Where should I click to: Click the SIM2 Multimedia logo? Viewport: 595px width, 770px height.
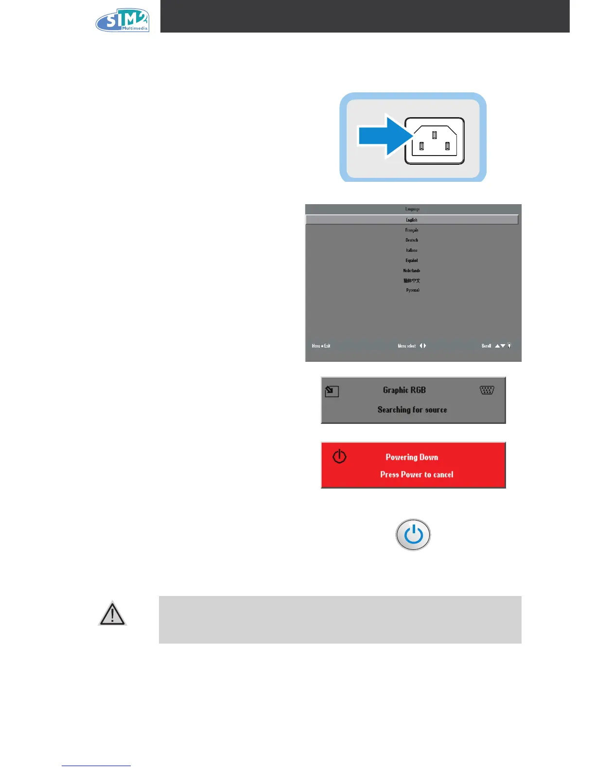pyautogui.click(x=122, y=20)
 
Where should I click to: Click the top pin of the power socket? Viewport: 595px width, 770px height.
pyautogui.click(x=435, y=135)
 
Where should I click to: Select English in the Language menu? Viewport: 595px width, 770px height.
pyautogui.click(x=412, y=220)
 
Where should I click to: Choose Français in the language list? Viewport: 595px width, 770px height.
pyautogui.click(x=412, y=230)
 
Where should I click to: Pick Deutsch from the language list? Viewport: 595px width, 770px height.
pyautogui.click(x=412, y=240)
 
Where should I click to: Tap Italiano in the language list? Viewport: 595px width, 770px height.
pyautogui.click(x=412, y=250)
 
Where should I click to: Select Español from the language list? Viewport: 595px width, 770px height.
pyautogui.click(x=412, y=261)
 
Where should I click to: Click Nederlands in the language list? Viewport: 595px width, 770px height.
pyautogui.click(x=412, y=271)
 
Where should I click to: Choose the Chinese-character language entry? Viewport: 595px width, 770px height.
pyautogui.click(x=412, y=280)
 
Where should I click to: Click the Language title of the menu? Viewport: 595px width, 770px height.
pyautogui.click(x=412, y=209)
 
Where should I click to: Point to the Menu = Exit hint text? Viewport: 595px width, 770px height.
pyautogui.click(x=321, y=346)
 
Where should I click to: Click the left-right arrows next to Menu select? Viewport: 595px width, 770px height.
pyautogui.click(x=423, y=346)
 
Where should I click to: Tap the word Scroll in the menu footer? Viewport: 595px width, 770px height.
pyautogui.click(x=486, y=346)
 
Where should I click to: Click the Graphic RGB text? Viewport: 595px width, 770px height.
pyautogui.click(x=404, y=390)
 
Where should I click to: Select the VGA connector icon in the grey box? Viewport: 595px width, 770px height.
pyautogui.click(x=487, y=390)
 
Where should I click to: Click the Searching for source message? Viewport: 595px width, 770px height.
pyautogui.click(x=412, y=410)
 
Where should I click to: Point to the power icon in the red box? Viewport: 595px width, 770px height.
pyautogui.click(x=339, y=456)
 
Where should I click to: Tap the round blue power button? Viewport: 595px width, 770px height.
pyautogui.click(x=413, y=535)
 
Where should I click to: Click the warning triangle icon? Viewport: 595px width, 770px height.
pyautogui.click(x=112, y=614)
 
